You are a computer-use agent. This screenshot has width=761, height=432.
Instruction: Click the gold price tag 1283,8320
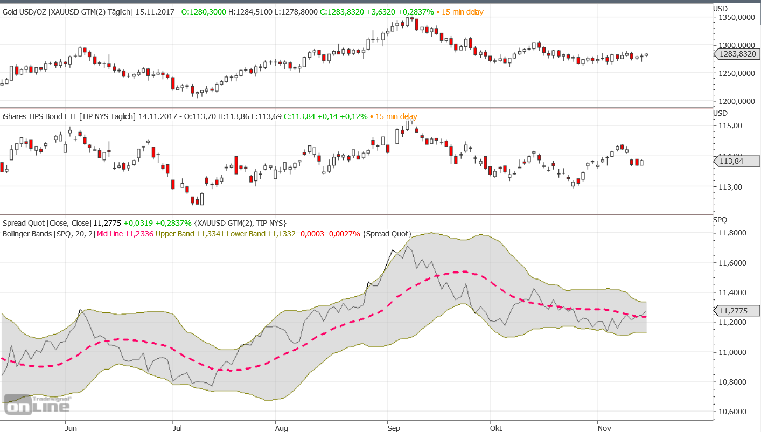(x=737, y=54)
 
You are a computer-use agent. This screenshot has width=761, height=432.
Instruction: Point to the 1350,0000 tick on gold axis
(x=736, y=17)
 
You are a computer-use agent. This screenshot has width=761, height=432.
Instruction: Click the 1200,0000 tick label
(x=736, y=101)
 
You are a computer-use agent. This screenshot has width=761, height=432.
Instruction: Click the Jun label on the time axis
(x=71, y=428)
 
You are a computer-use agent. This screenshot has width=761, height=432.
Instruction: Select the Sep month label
(x=394, y=428)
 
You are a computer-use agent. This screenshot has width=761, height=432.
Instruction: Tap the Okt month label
(x=496, y=428)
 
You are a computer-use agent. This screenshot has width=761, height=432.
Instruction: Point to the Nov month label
(x=604, y=428)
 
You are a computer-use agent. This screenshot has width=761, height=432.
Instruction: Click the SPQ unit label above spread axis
(x=720, y=220)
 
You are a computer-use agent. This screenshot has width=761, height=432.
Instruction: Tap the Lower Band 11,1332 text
(x=261, y=234)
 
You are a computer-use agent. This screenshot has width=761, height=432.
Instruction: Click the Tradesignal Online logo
(x=37, y=406)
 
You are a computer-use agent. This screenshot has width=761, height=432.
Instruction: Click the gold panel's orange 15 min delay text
(x=462, y=12)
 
